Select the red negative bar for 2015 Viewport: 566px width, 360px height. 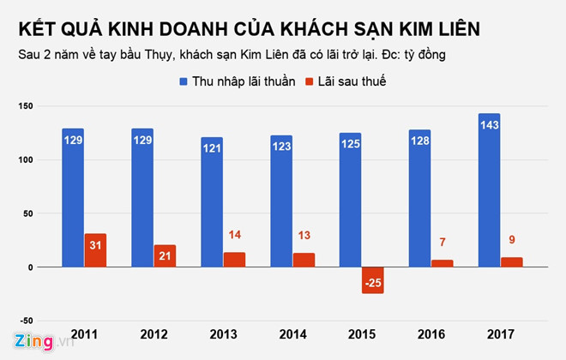[373, 280]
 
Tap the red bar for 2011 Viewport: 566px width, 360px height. [95, 250]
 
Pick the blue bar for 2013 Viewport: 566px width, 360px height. [212, 202]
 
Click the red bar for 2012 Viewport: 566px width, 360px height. [165, 255]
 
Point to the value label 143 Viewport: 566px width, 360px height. [489, 125]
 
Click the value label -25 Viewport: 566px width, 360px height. [373, 282]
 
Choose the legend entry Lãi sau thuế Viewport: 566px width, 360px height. [352, 81]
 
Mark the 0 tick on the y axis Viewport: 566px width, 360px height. [29, 267]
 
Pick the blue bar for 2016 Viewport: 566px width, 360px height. [419, 198]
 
